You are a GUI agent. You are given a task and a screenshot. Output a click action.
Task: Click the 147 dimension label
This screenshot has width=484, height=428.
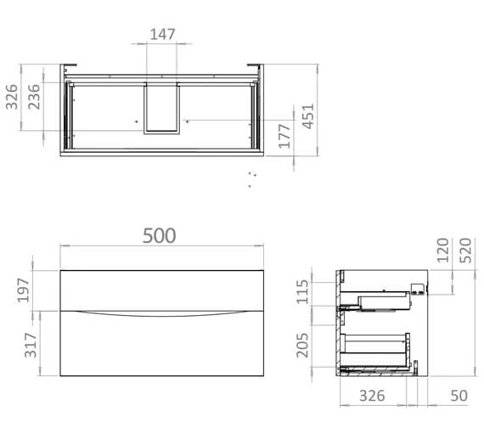pyautogui.click(x=162, y=34)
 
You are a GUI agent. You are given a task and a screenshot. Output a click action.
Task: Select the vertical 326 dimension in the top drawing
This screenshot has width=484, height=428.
pyautogui.click(x=12, y=97)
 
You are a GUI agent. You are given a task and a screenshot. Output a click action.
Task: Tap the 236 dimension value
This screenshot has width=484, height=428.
pyautogui.click(x=34, y=97)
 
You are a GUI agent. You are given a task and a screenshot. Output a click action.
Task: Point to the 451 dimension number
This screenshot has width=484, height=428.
pyautogui.click(x=307, y=116)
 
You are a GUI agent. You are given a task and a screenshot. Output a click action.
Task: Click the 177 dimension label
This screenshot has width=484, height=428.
pyautogui.click(x=284, y=136)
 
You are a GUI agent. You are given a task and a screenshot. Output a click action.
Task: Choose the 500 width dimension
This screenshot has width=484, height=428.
pyautogui.click(x=160, y=235)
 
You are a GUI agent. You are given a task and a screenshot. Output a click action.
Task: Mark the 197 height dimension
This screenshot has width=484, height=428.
pyautogui.click(x=24, y=290)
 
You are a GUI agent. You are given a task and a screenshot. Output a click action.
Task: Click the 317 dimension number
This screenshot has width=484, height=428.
pyautogui.click(x=31, y=345)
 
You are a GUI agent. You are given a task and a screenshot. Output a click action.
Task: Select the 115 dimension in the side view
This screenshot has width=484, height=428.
pyautogui.click(x=302, y=292)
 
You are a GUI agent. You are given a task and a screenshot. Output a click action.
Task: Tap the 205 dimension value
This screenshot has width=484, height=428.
pyautogui.click(x=302, y=346)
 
